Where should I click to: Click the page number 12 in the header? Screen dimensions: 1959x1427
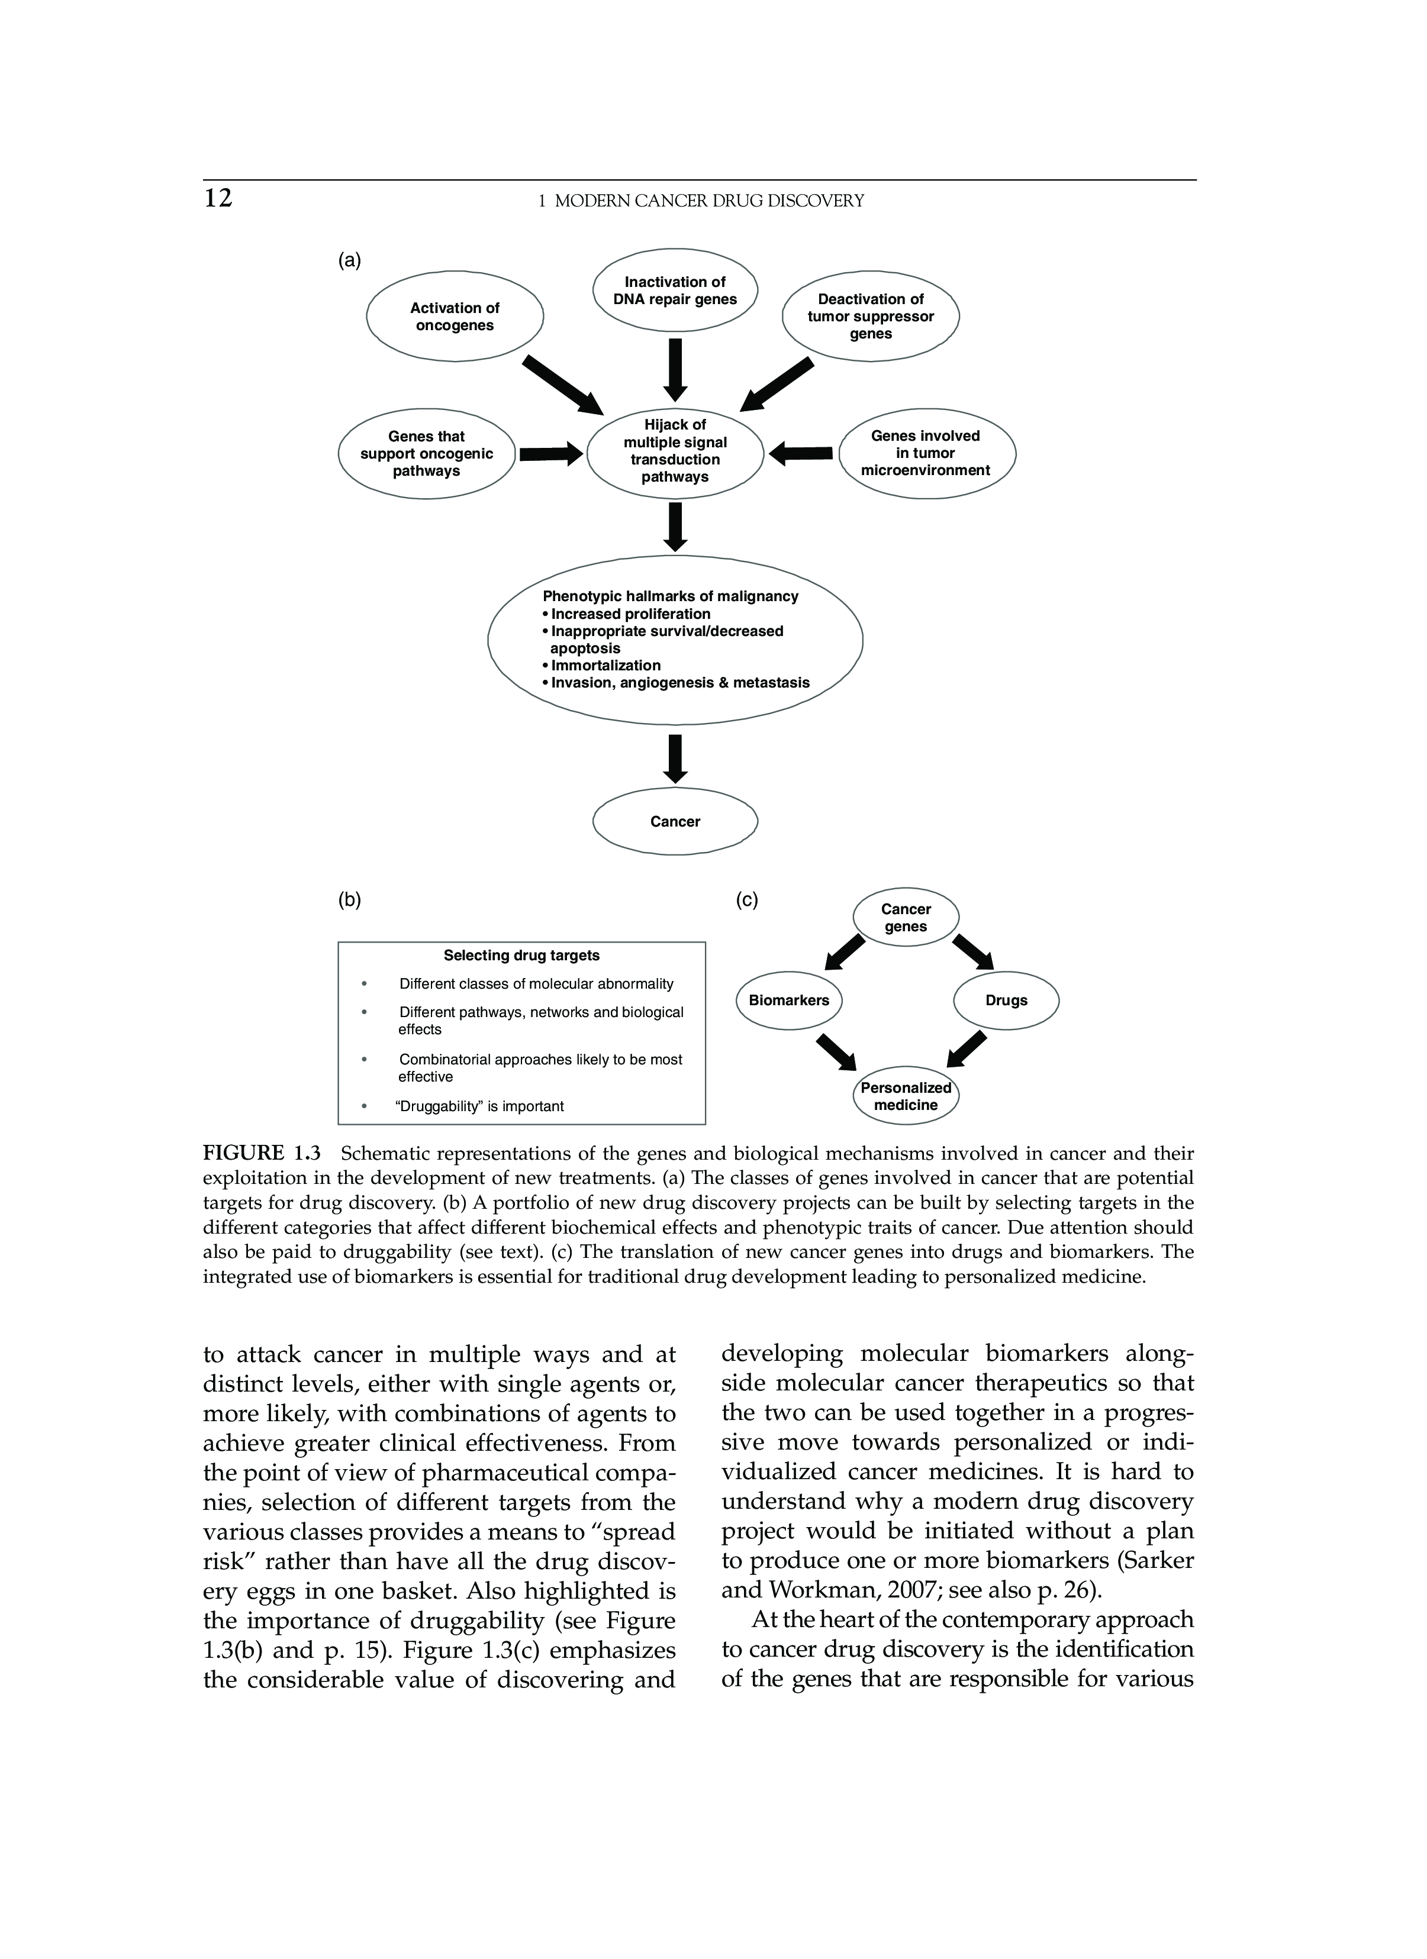(x=218, y=199)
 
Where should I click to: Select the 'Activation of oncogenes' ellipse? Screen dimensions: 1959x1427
(x=455, y=317)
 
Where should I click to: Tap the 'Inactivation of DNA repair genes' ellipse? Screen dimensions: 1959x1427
(x=675, y=291)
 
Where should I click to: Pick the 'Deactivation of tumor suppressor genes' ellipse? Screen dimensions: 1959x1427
(x=870, y=316)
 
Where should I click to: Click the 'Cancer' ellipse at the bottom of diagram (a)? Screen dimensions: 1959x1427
(x=675, y=821)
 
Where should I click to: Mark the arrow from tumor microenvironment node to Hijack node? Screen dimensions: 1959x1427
(x=801, y=453)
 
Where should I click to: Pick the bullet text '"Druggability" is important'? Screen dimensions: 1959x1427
(x=479, y=1106)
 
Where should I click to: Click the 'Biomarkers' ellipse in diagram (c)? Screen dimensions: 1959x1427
(x=788, y=1001)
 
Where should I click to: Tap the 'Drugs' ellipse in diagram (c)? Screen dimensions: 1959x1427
(x=1006, y=1001)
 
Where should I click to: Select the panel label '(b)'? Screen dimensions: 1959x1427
(x=349, y=900)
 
